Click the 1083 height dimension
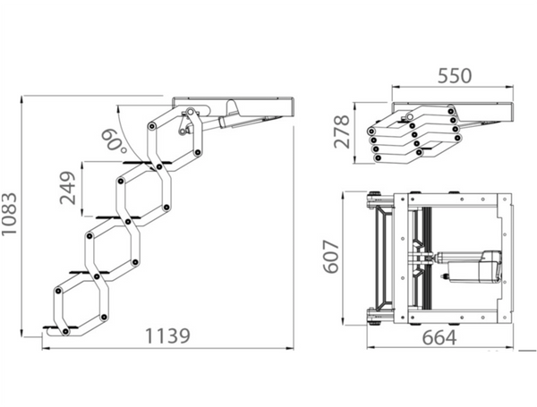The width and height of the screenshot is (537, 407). point(9,214)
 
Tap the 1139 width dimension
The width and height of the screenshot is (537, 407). point(167,335)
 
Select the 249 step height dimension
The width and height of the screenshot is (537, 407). point(67,188)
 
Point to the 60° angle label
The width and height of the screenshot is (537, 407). point(114,140)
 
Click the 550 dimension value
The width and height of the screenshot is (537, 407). point(455,76)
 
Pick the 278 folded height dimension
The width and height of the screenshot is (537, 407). point(342,131)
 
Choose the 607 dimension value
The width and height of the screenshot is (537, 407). point(331,257)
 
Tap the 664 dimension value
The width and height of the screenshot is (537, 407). point(439,337)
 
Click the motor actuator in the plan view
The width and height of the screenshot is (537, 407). point(469,267)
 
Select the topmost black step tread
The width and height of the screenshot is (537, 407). point(147,163)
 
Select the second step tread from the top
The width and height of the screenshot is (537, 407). point(118,217)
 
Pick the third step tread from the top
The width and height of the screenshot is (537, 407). point(89,273)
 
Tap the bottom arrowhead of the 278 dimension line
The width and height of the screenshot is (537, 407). point(355,159)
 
